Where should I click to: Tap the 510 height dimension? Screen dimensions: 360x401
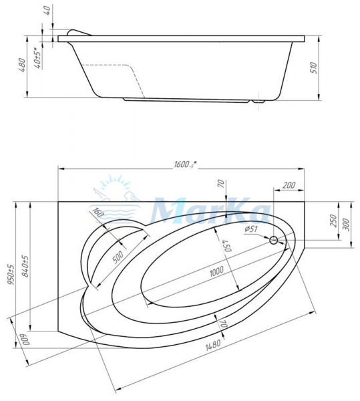(314, 68)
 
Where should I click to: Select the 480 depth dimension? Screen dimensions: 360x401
(22, 65)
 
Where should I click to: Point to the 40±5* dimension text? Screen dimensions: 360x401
(39, 58)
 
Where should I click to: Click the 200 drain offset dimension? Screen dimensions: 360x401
(289, 185)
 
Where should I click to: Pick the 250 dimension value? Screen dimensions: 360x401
(333, 221)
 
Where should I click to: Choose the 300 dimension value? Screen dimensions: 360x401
(345, 224)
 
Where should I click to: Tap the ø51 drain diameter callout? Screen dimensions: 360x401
(250, 229)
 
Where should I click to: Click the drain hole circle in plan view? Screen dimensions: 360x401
(274, 240)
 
